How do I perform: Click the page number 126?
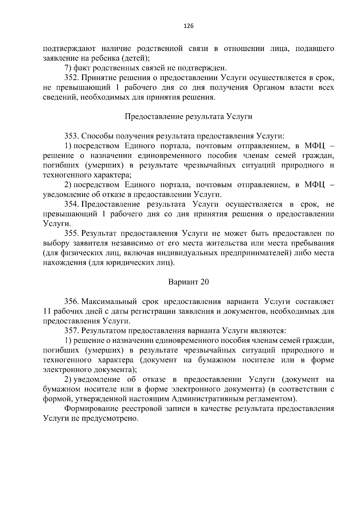188,26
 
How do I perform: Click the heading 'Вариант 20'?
188,282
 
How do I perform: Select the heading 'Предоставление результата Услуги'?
188,116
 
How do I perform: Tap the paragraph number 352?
71,78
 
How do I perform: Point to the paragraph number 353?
71,136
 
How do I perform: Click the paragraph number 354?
71,204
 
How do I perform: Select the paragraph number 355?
71,234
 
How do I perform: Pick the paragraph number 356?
71,301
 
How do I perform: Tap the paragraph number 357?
71,331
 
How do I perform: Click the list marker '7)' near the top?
68,68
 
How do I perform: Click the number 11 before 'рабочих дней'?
46,311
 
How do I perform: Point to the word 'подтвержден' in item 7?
205,68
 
